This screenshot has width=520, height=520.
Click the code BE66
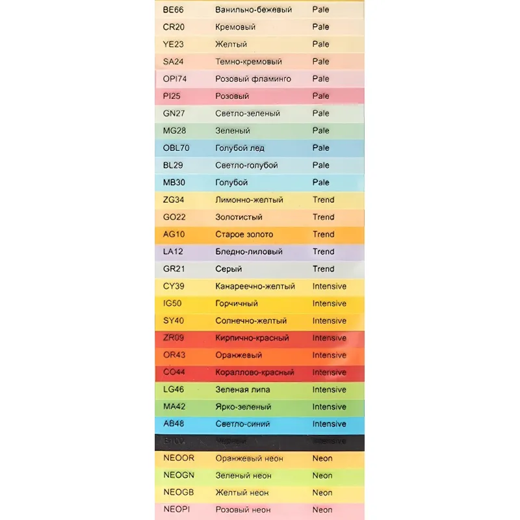coord(174,10)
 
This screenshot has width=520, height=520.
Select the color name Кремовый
coord(235,27)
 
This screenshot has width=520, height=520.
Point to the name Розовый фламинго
coord(253,79)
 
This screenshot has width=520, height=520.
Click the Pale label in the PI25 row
coord(320,96)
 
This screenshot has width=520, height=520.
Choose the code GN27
coord(175,113)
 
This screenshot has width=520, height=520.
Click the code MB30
coord(175,183)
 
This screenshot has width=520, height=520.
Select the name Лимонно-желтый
coord(249,200)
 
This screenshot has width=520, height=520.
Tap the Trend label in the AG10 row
coord(323,234)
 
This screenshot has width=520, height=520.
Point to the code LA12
coord(174,252)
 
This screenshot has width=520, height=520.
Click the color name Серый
coord(229,268)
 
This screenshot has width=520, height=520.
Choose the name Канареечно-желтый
coord(255,286)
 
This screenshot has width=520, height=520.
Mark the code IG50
coord(174,304)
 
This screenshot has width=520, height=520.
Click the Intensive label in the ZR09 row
coord(329,338)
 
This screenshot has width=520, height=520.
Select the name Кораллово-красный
coord(255,372)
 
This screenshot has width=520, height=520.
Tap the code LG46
coord(174,389)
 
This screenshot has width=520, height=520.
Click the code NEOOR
coord(179,458)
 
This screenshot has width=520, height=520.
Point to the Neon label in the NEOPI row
coord(322,510)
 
